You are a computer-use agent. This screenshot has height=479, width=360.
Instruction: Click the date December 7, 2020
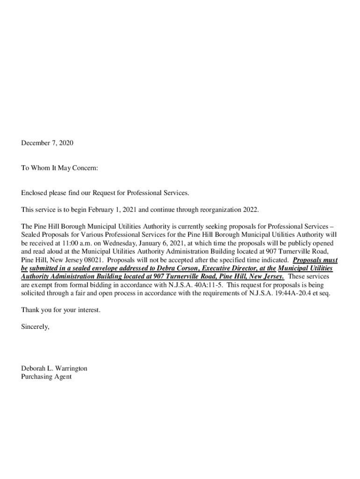(47, 143)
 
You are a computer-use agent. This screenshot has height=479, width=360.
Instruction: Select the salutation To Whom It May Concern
(60, 168)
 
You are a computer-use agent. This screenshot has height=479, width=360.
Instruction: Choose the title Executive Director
(228, 269)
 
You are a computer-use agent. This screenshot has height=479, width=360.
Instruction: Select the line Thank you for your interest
(61, 310)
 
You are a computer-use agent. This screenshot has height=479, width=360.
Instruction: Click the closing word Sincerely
(35, 327)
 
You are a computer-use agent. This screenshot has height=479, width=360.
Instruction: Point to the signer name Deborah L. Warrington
(54, 369)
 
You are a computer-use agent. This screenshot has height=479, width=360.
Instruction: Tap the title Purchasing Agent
(46, 377)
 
